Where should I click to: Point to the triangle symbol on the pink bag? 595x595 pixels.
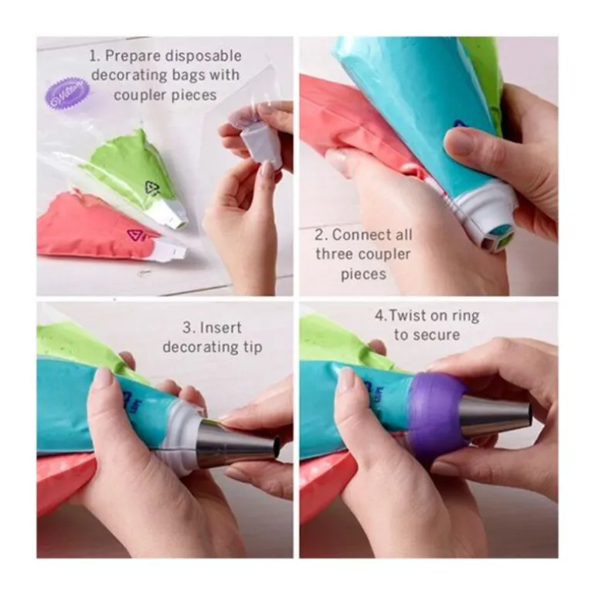coord(137,235)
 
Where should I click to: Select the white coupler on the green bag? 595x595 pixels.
coord(171,212)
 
